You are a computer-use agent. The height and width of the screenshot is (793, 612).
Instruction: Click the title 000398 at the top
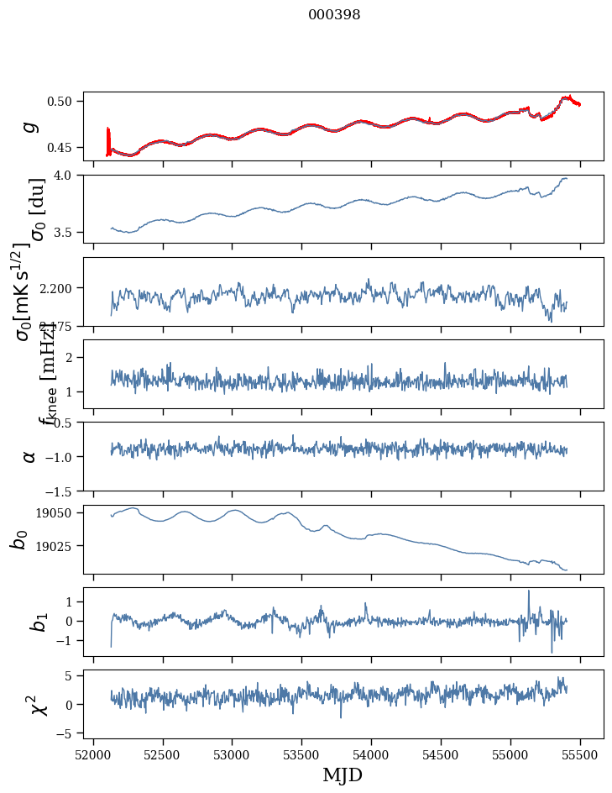click(x=334, y=14)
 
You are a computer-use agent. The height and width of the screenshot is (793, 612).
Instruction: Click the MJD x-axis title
click(x=343, y=775)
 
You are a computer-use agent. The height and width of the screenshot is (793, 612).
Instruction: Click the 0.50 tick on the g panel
click(x=62, y=102)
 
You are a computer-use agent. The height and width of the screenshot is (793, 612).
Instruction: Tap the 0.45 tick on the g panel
click(x=62, y=148)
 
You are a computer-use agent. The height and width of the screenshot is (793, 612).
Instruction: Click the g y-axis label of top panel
click(x=30, y=126)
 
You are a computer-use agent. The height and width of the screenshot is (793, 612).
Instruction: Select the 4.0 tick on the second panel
click(x=67, y=175)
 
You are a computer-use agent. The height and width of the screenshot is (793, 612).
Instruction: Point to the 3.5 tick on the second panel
click(x=67, y=232)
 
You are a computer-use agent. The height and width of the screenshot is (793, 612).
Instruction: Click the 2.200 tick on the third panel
click(x=59, y=288)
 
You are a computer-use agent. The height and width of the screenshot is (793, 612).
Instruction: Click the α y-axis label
click(x=30, y=456)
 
